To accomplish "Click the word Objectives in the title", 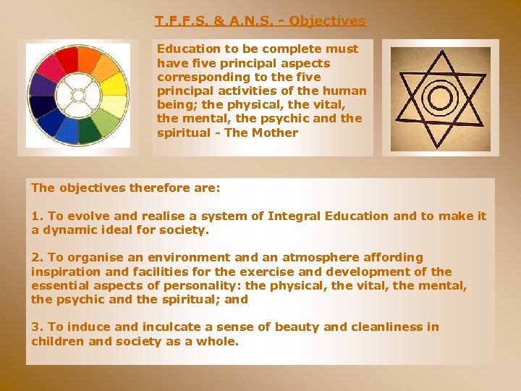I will click(x=327, y=21).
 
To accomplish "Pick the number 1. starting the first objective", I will click(x=37, y=216).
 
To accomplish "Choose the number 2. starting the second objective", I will click(x=37, y=257).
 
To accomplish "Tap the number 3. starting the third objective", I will click(x=37, y=327).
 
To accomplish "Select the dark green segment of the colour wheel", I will click(x=90, y=130).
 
